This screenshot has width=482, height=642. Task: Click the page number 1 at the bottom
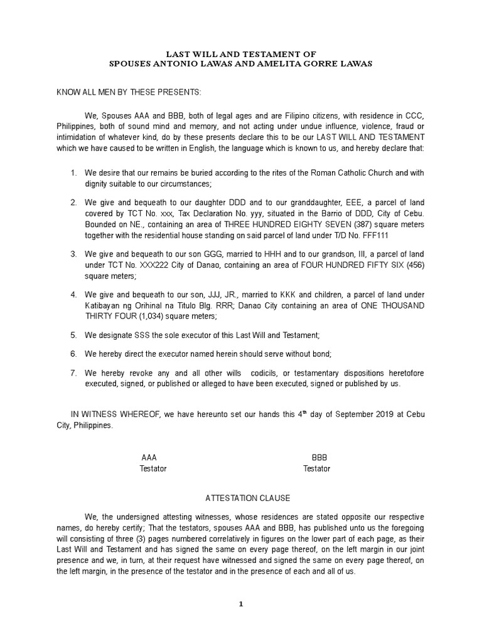[x=241, y=605]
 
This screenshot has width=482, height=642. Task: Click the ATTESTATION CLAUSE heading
[x=248, y=498]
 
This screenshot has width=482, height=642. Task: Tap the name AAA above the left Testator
[x=149, y=458]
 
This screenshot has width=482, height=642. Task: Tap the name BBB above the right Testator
[x=319, y=458]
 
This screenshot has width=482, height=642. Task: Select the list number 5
[x=73, y=335]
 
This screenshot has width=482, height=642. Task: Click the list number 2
[x=73, y=203]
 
